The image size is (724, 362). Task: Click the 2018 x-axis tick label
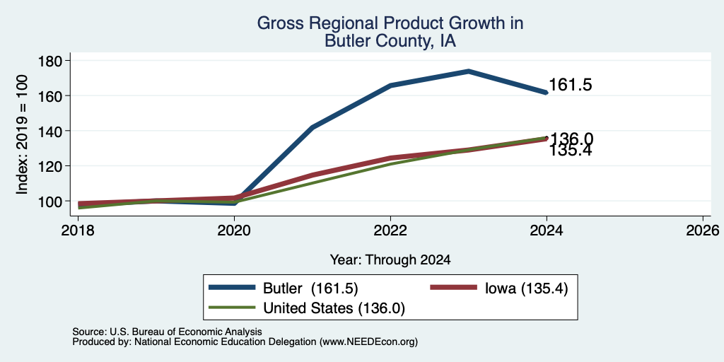[x=78, y=230]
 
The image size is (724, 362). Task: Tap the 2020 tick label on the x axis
[x=235, y=230]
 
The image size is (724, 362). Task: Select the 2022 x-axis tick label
[x=390, y=230]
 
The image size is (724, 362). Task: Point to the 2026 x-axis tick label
[x=703, y=230]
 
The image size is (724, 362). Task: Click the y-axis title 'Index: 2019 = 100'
[x=22, y=134]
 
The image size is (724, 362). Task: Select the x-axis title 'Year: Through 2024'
[x=390, y=260]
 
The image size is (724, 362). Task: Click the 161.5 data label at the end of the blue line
[x=571, y=85]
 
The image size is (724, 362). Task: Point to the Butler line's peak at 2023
[x=468, y=71]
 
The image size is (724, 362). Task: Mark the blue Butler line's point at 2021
[x=313, y=127]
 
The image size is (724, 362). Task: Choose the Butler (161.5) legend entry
[x=283, y=288]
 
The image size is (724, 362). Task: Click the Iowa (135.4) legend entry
[x=498, y=288]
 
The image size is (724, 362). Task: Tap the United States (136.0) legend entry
[x=307, y=308]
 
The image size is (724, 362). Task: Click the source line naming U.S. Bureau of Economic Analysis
[x=167, y=332]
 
